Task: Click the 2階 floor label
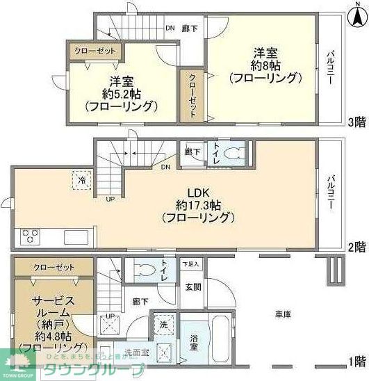(357, 246)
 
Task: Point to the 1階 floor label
(357, 362)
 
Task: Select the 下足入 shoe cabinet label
(191, 264)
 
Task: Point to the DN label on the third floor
(170, 29)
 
